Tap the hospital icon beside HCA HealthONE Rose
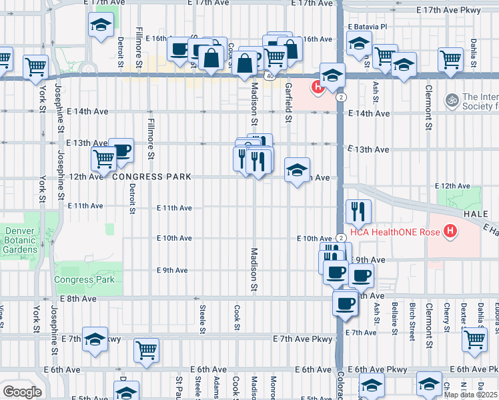(x=452, y=231)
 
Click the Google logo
(x=22, y=392)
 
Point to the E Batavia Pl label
(x=368, y=27)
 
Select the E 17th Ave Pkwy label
(x=457, y=11)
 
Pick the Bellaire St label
(x=395, y=317)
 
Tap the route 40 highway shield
(x=268, y=76)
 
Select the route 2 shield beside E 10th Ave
(x=342, y=238)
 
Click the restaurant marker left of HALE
(x=358, y=212)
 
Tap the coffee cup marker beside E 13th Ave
(x=121, y=150)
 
